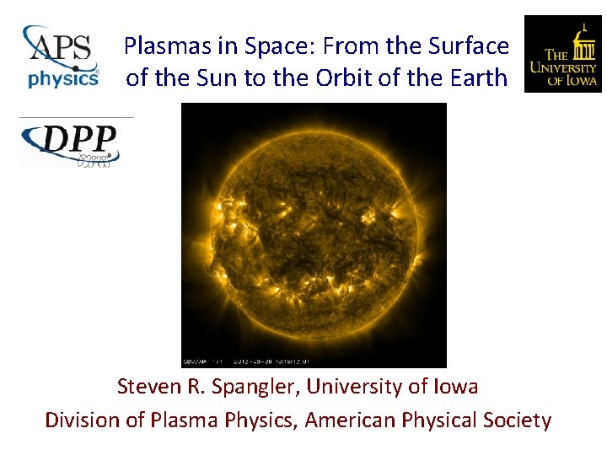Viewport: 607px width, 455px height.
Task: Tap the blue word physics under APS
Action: tap(62, 79)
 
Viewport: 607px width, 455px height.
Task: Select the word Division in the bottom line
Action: tap(80, 420)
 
